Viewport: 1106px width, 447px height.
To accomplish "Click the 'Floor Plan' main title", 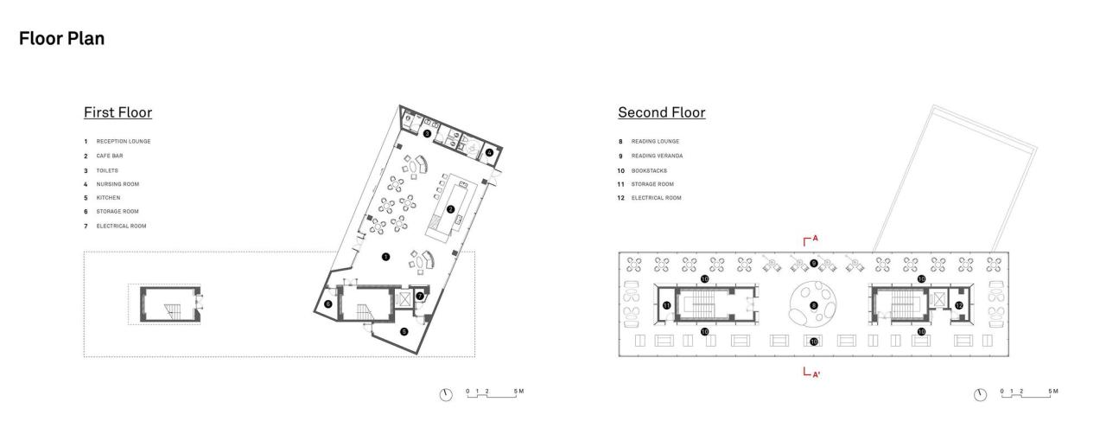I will tap(61, 39).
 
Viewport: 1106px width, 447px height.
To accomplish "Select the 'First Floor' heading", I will tap(118, 112).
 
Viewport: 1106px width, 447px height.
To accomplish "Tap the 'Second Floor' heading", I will tap(661, 112).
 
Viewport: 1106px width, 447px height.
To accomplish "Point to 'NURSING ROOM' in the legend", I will tap(117, 183).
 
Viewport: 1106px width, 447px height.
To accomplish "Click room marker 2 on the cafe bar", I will tap(450, 209).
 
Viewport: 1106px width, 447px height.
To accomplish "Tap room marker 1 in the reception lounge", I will tap(386, 256).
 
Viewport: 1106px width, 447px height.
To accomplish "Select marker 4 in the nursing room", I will tap(489, 153).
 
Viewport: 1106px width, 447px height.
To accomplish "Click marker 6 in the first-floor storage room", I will tap(328, 303).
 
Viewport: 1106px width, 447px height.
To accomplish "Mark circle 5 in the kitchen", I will tap(404, 331).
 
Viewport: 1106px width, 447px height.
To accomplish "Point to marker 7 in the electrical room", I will tap(420, 297).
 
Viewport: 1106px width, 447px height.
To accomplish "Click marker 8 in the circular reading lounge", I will tap(813, 305).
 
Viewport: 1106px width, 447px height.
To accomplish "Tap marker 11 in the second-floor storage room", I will tap(666, 305).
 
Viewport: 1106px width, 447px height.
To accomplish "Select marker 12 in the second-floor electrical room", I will tap(959, 305).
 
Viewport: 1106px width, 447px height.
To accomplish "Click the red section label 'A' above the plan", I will tap(814, 237).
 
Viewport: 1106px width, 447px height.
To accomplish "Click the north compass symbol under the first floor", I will tap(446, 394).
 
